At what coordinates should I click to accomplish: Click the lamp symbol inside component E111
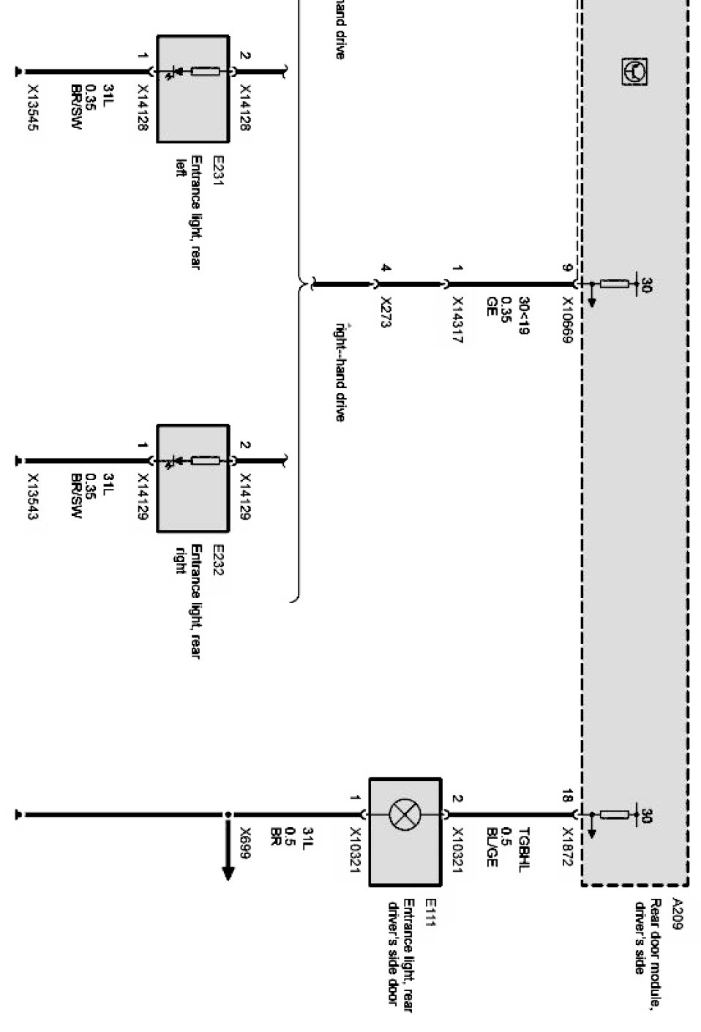(x=405, y=815)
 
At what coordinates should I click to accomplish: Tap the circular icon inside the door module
(x=634, y=72)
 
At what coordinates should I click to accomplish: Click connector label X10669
(x=567, y=321)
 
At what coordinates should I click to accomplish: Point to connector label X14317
(x=457, y=320)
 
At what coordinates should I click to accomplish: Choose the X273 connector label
(x=386, y=311)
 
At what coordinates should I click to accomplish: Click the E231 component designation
(x=217, y=171)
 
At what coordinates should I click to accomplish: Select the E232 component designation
(x=217, y=560)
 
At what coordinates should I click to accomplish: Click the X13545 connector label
(x=32, y=107)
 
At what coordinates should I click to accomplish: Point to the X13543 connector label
(x=32, y=497)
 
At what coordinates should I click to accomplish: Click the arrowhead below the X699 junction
(x=228, y=872)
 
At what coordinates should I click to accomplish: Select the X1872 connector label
(x=567, y=848)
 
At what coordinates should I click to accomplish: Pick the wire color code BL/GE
(x=492, y=848)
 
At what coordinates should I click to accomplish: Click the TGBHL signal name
(x=524, y=849)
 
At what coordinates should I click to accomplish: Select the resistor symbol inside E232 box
(x=205, y=460)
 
